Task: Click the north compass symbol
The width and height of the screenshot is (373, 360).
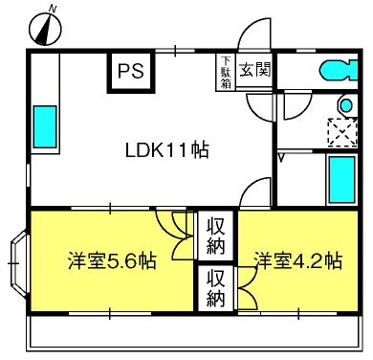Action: point(45,30)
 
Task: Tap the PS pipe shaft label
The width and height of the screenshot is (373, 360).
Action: point(131,71)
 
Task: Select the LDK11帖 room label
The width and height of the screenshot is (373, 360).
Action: point(167,150)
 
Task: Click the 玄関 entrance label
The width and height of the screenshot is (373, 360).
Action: point(254,69)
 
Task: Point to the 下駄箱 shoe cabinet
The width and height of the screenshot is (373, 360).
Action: point(226,72)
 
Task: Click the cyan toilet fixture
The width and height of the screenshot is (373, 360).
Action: point(339,70)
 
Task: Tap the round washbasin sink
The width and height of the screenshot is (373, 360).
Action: point(346,104)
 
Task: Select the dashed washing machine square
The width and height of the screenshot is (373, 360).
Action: point(342,132)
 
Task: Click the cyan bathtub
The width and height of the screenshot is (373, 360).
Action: point(342,180)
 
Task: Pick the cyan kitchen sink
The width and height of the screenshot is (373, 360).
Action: point(45,126)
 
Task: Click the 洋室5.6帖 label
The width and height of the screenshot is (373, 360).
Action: point(112,261)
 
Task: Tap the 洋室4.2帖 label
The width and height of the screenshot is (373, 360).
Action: point(297,261)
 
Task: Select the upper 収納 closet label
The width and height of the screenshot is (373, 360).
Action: point(215,236)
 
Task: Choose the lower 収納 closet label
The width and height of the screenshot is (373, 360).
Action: point(215,288)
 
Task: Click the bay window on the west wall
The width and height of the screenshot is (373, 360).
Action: point(19,263)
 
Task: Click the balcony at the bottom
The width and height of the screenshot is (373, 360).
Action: point(194,333)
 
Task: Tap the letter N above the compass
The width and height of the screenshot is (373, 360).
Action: point(53,10)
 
